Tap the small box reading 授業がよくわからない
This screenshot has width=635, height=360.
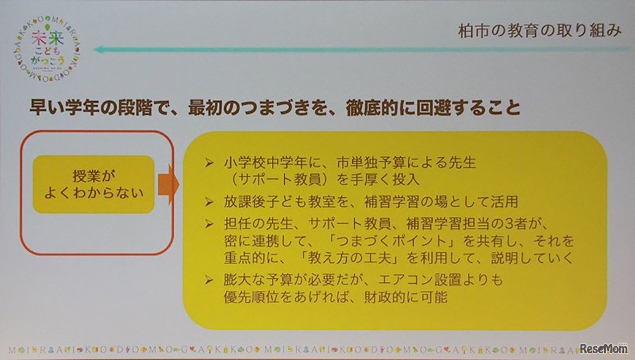[94, 184]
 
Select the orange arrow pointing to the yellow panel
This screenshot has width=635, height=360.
[168, 184]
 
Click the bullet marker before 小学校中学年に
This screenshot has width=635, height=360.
[209, 163]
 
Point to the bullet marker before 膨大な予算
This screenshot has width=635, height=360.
[209, 280]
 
